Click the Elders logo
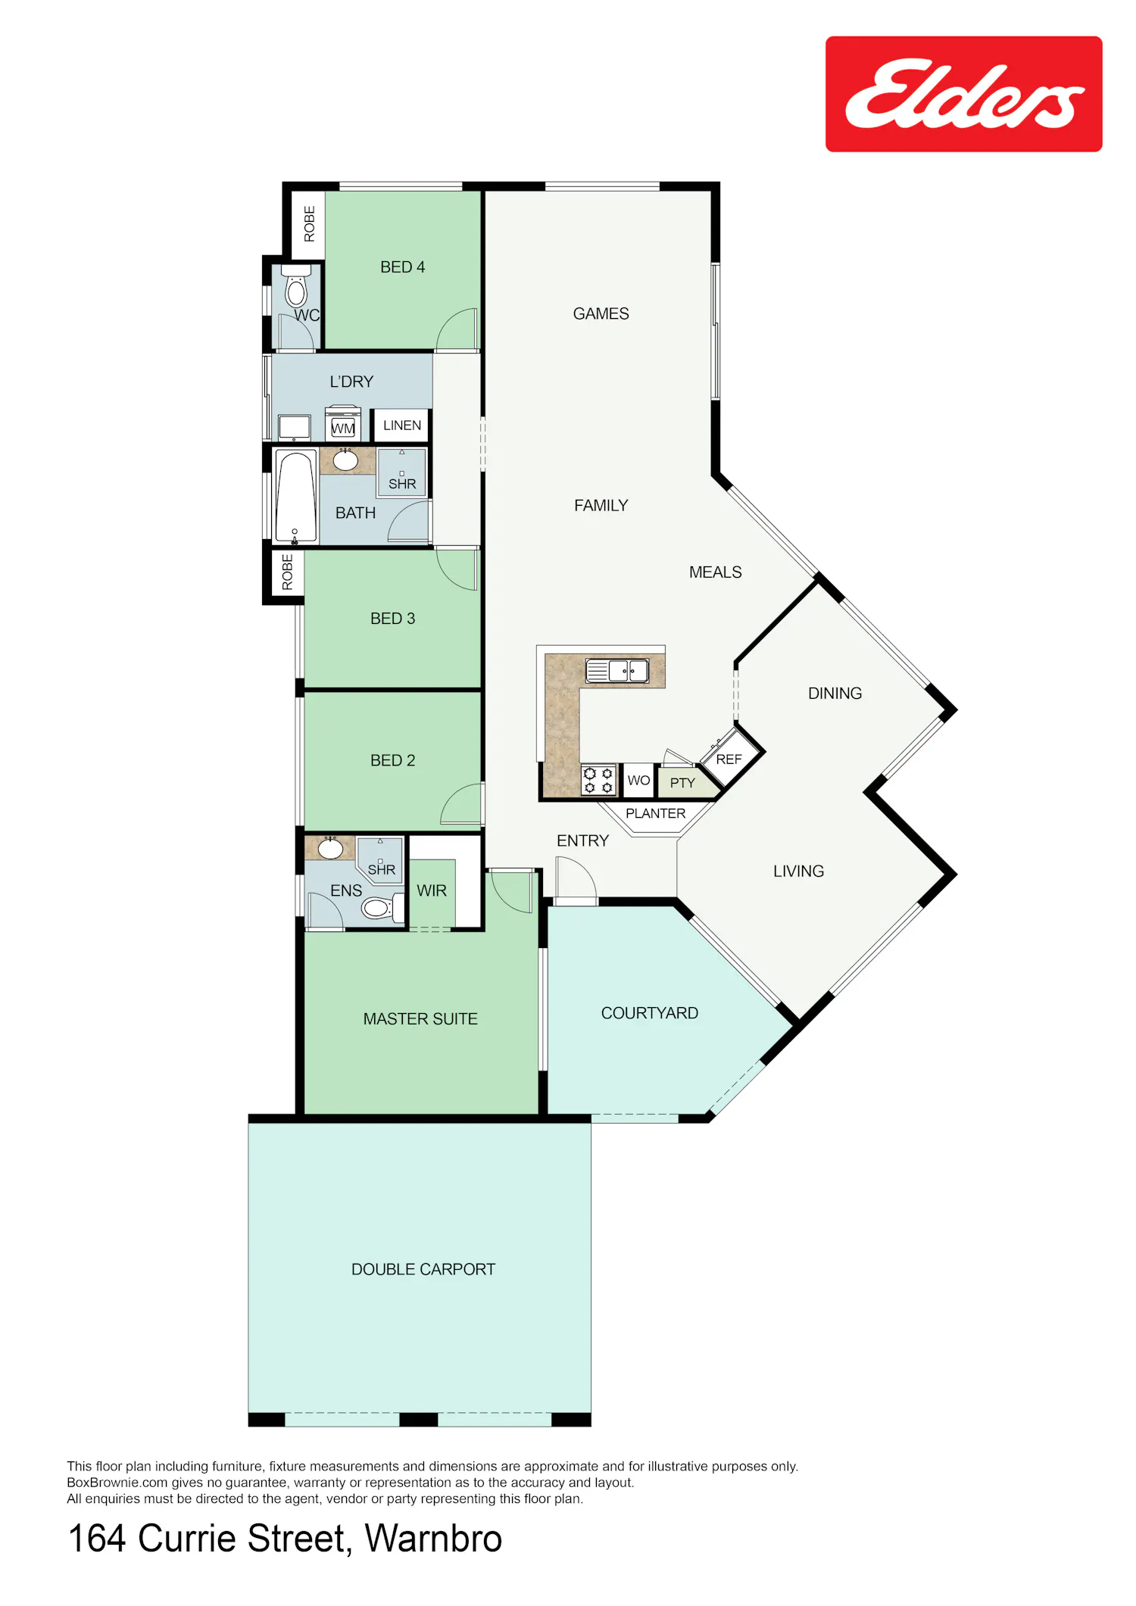[963, 94]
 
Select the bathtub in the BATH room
[295, 497]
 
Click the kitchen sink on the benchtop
[617, 670]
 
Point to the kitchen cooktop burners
[598, 780]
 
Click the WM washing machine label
[343, 429]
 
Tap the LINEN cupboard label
[402, 426]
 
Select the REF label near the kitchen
[729, 759]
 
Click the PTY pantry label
[682, 783]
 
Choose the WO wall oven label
[638, 780]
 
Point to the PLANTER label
[656, 813]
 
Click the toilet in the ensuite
[381, 906]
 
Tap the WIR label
[432, 890]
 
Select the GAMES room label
[601, 313]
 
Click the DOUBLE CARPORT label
[423, 1269]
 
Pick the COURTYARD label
[650, 1013]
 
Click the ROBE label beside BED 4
[309, 224]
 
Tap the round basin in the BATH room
[346, 460]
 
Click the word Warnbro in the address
[433, 1538]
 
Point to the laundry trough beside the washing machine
[294, 428]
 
